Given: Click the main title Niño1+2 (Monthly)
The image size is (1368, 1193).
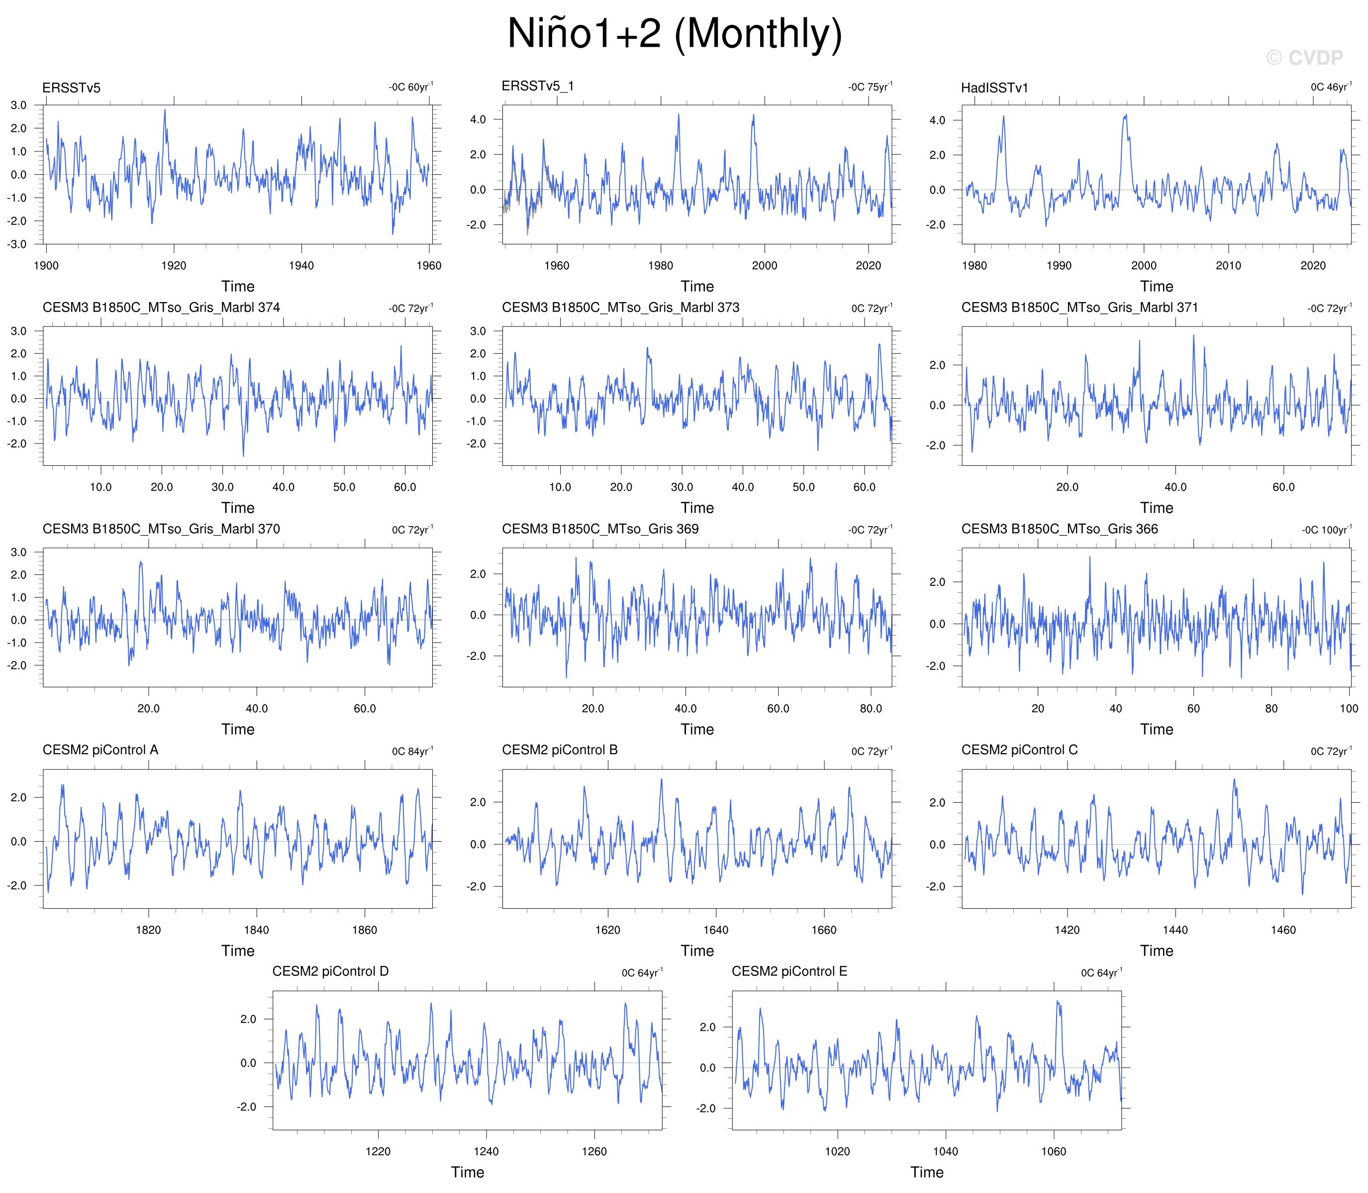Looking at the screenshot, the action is click(675, 33).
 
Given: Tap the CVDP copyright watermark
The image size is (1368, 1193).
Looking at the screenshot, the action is click(1304, 58).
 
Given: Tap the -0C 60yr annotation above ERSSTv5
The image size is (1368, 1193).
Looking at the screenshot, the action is click(410, 87).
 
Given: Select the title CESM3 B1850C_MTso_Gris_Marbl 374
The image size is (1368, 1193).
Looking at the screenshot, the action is click(161, 308).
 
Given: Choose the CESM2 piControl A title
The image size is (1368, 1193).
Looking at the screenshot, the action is click(100, 750).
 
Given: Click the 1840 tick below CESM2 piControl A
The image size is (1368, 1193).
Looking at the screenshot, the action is click(256, 930).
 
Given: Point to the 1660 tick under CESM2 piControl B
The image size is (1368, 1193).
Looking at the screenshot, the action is click(824, 930).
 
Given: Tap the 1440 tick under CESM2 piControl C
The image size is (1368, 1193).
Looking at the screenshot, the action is click(1175, 930).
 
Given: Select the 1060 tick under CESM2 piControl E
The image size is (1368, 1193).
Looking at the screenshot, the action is click(1053, 1151).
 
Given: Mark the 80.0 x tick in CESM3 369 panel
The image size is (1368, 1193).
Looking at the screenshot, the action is click(871, 708).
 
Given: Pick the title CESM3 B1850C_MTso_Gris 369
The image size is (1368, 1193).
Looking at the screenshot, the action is click(600, 529).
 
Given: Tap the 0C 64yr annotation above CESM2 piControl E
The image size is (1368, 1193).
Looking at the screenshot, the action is click(1101, 972).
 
